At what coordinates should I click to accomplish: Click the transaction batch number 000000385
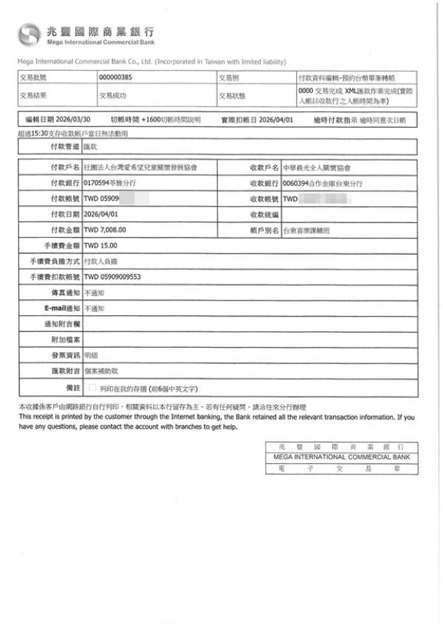tap(114, 77)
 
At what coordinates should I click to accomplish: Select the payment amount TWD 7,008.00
tap(106, 230)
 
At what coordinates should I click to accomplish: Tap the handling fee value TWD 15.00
tap(100, 246)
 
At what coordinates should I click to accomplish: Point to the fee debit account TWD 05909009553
tap(113, 277)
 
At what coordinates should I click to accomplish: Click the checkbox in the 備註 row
tap(92, 387)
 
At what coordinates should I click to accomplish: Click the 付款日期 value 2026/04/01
tap(102, 215)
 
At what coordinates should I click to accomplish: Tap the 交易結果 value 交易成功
tap(113, 95)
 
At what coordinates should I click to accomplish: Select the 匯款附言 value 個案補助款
tap(100, 371)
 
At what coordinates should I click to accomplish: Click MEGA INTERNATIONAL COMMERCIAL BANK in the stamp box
tap(340, 457)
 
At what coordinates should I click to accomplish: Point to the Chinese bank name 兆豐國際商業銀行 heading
tap(100, 30)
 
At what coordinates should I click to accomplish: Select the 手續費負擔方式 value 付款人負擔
tap(101, 261)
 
